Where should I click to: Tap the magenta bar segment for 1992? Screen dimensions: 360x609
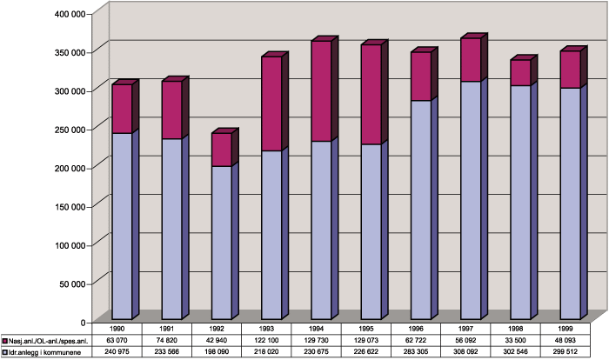click(221, 150)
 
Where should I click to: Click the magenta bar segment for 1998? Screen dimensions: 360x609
click(520, 73)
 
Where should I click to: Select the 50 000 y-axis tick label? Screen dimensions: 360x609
click(69, 283)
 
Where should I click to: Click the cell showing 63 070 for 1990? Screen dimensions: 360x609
click(121, 342)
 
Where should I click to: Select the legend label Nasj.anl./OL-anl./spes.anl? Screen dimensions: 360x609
click(51, 342)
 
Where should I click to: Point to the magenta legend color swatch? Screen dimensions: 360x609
click(5, 342)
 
